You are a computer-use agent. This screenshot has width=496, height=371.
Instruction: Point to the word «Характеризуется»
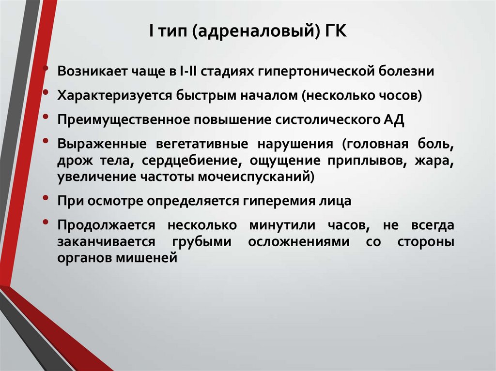[x=111, y=95]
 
